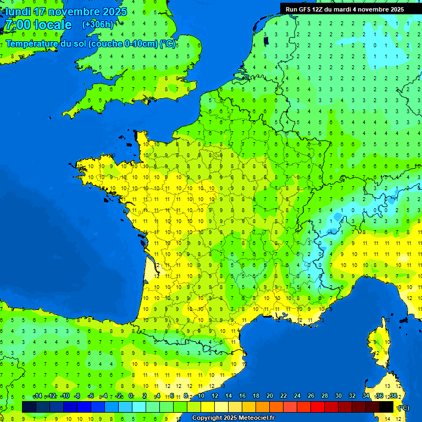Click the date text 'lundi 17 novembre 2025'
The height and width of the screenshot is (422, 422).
tap(65, 11)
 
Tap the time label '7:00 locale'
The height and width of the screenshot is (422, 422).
tap(37, 25)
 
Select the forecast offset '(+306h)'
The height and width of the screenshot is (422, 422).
tap(98, 24)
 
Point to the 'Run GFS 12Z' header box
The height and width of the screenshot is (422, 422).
tap(345, 9)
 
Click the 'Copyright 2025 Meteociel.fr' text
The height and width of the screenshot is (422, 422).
tap(233, 418)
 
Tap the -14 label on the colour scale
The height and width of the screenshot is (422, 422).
tap(37, 396)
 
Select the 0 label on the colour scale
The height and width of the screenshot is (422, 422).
tap(131, 396)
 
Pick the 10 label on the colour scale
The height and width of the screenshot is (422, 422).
tap(201, 396)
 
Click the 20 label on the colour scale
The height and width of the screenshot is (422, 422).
tap(269, 396)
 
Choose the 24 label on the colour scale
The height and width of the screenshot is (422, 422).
tap(297, 396)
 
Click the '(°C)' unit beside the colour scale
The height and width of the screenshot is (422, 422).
tap(403, 408)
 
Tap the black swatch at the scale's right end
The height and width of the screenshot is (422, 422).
tap(386, 407)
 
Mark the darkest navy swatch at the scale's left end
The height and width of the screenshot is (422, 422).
tap(29, 407)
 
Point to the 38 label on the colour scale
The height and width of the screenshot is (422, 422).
tap(393, 396)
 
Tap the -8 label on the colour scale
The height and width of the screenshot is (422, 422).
tap(77, 396)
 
